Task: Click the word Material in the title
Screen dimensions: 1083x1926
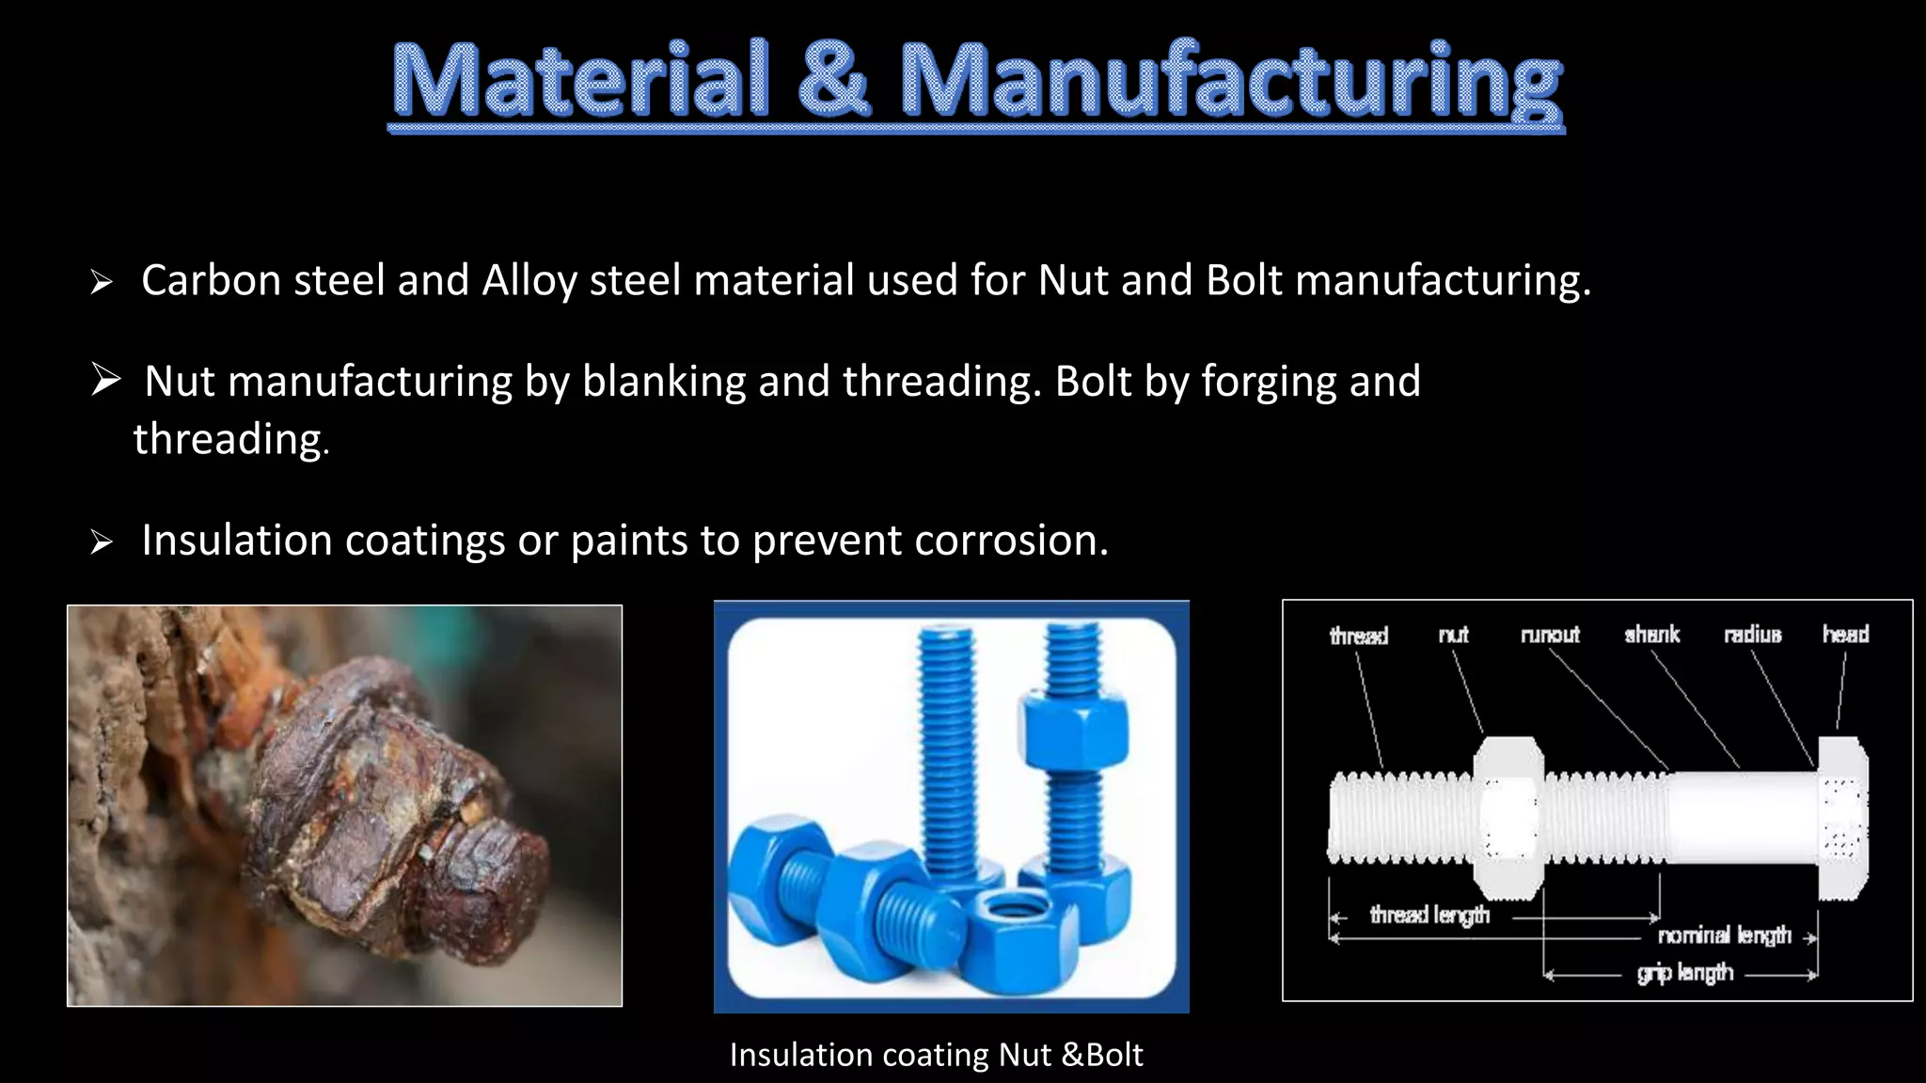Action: pyautogui.click(x=579, y=81)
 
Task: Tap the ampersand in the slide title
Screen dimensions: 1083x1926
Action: pyautogui.click(x=833, y=81)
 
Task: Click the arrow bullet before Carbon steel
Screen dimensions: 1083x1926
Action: pyautogui.click(x=102, y=282)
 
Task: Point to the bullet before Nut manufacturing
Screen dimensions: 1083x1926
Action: pyautogui.click(x=106, y=381)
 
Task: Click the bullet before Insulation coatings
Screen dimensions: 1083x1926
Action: pyautogui.click(x=102, y=541)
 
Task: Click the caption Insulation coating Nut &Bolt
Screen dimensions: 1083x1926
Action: pyautogui.click(x=936, y=1055)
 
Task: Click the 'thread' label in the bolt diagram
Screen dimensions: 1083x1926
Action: pyautogui.click(x=1358, y=636)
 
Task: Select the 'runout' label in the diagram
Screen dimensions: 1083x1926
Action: pyautogui.click(x=1550, y=636)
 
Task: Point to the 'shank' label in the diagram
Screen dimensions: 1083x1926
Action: pyautogui.click(x=1651, y=635)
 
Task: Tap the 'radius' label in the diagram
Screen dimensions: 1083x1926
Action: pyautogui.click(x=1752, y=635)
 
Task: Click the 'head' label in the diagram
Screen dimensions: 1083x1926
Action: pyautogui.click(x=1845, y=635)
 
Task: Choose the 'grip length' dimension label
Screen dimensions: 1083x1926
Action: pyautogui.click(x=1684, y=973)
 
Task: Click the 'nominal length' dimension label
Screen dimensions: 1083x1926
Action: pyautogui.click(x=1724, y=935)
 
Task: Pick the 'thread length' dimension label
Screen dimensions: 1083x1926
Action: pyautogui.click(x=1429, y=915)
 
